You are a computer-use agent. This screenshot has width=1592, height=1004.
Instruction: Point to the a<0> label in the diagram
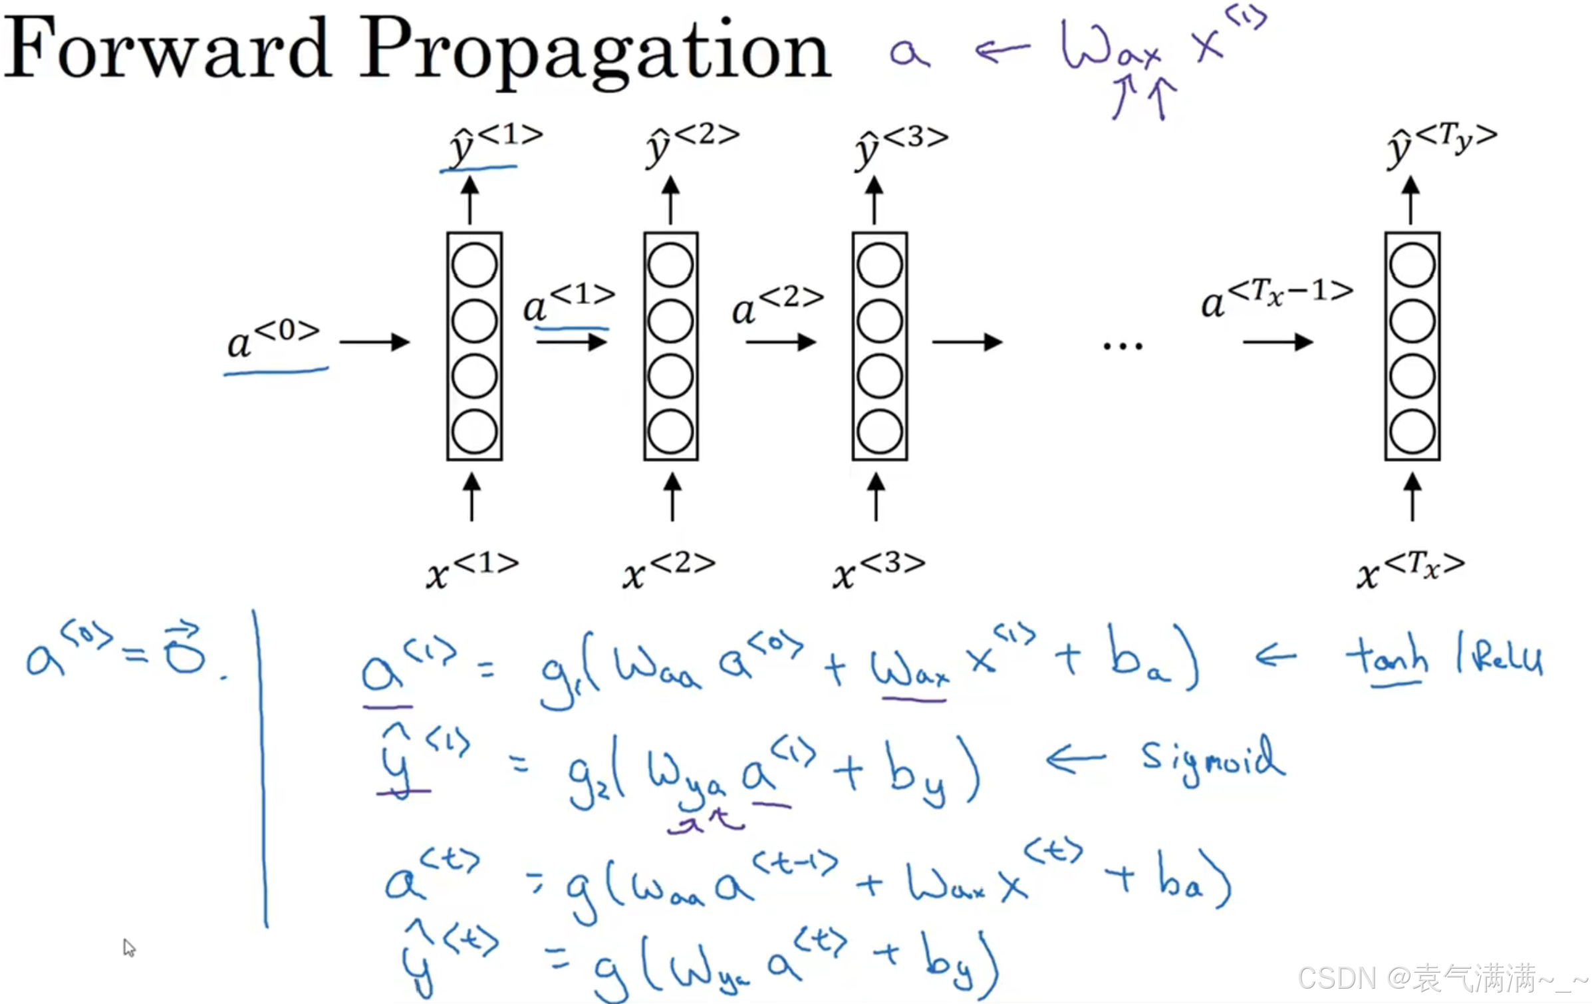(x=273, y=341)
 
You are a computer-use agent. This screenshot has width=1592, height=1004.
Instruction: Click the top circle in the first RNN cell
(x=474, y=265)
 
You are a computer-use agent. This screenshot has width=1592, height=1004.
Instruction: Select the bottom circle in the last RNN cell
(x=1412, y=431)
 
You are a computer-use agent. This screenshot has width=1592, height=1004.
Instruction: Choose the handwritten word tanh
(x=1387, y=655)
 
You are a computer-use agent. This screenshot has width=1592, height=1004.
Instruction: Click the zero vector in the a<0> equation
(x=184, y=651)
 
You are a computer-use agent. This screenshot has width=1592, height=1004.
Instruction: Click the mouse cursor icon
(x=129, y=947)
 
